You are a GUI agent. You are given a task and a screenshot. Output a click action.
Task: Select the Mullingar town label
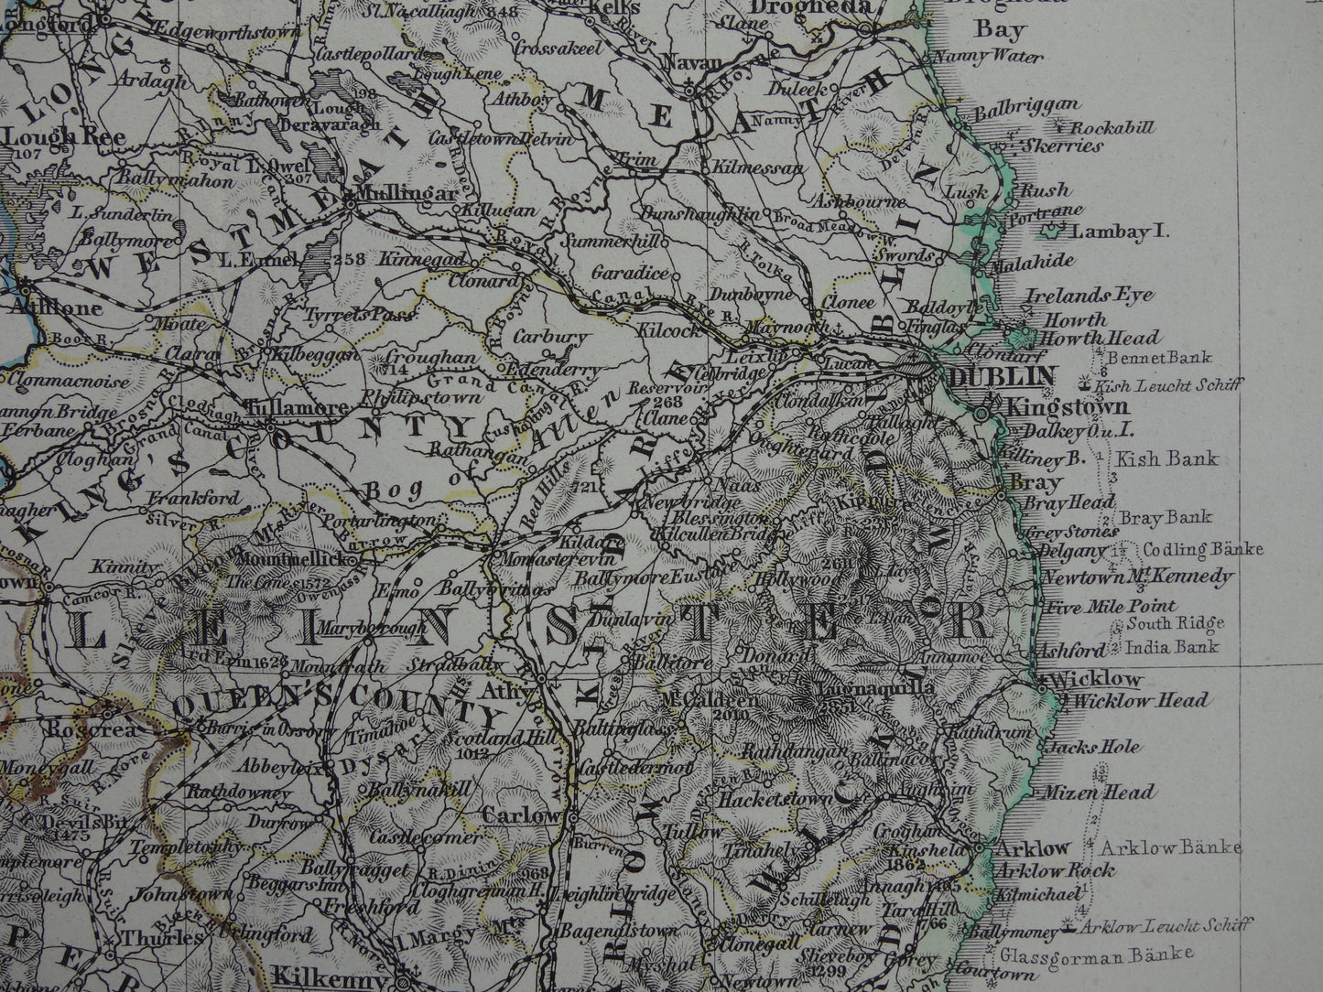coord(394,195)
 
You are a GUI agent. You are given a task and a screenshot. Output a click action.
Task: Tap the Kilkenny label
coord(314,980)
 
